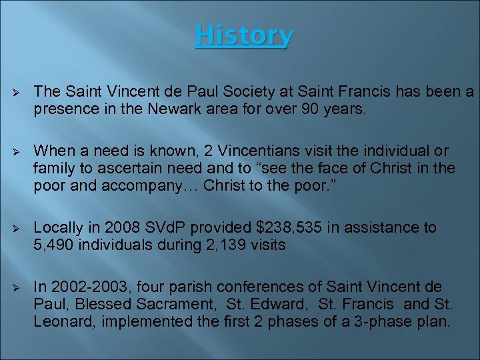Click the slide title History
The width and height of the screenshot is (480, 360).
243,36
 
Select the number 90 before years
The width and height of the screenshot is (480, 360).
309,109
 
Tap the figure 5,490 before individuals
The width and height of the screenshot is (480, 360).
54,245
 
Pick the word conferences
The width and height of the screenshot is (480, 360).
269,287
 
